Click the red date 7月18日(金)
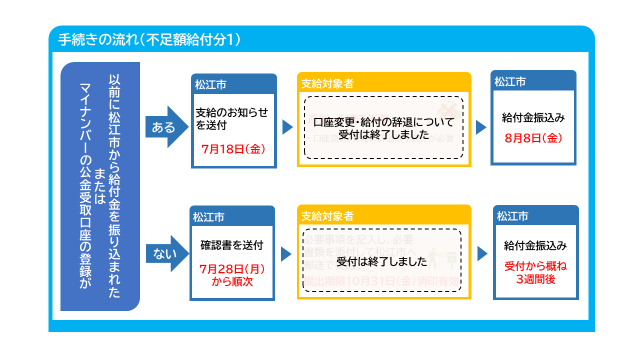(233, 149)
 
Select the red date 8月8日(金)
(533, 138)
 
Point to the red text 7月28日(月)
(232, 269)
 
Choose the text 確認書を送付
(231, 245)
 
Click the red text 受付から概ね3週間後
(535, 272)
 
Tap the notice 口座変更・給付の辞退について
(383, 122)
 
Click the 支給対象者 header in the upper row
(327, 83)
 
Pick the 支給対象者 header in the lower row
(327, 216)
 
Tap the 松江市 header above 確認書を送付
(209, 217)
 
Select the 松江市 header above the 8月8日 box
(510, 81)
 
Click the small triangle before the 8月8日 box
(480, 127)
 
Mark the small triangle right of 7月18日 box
(287, 127)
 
